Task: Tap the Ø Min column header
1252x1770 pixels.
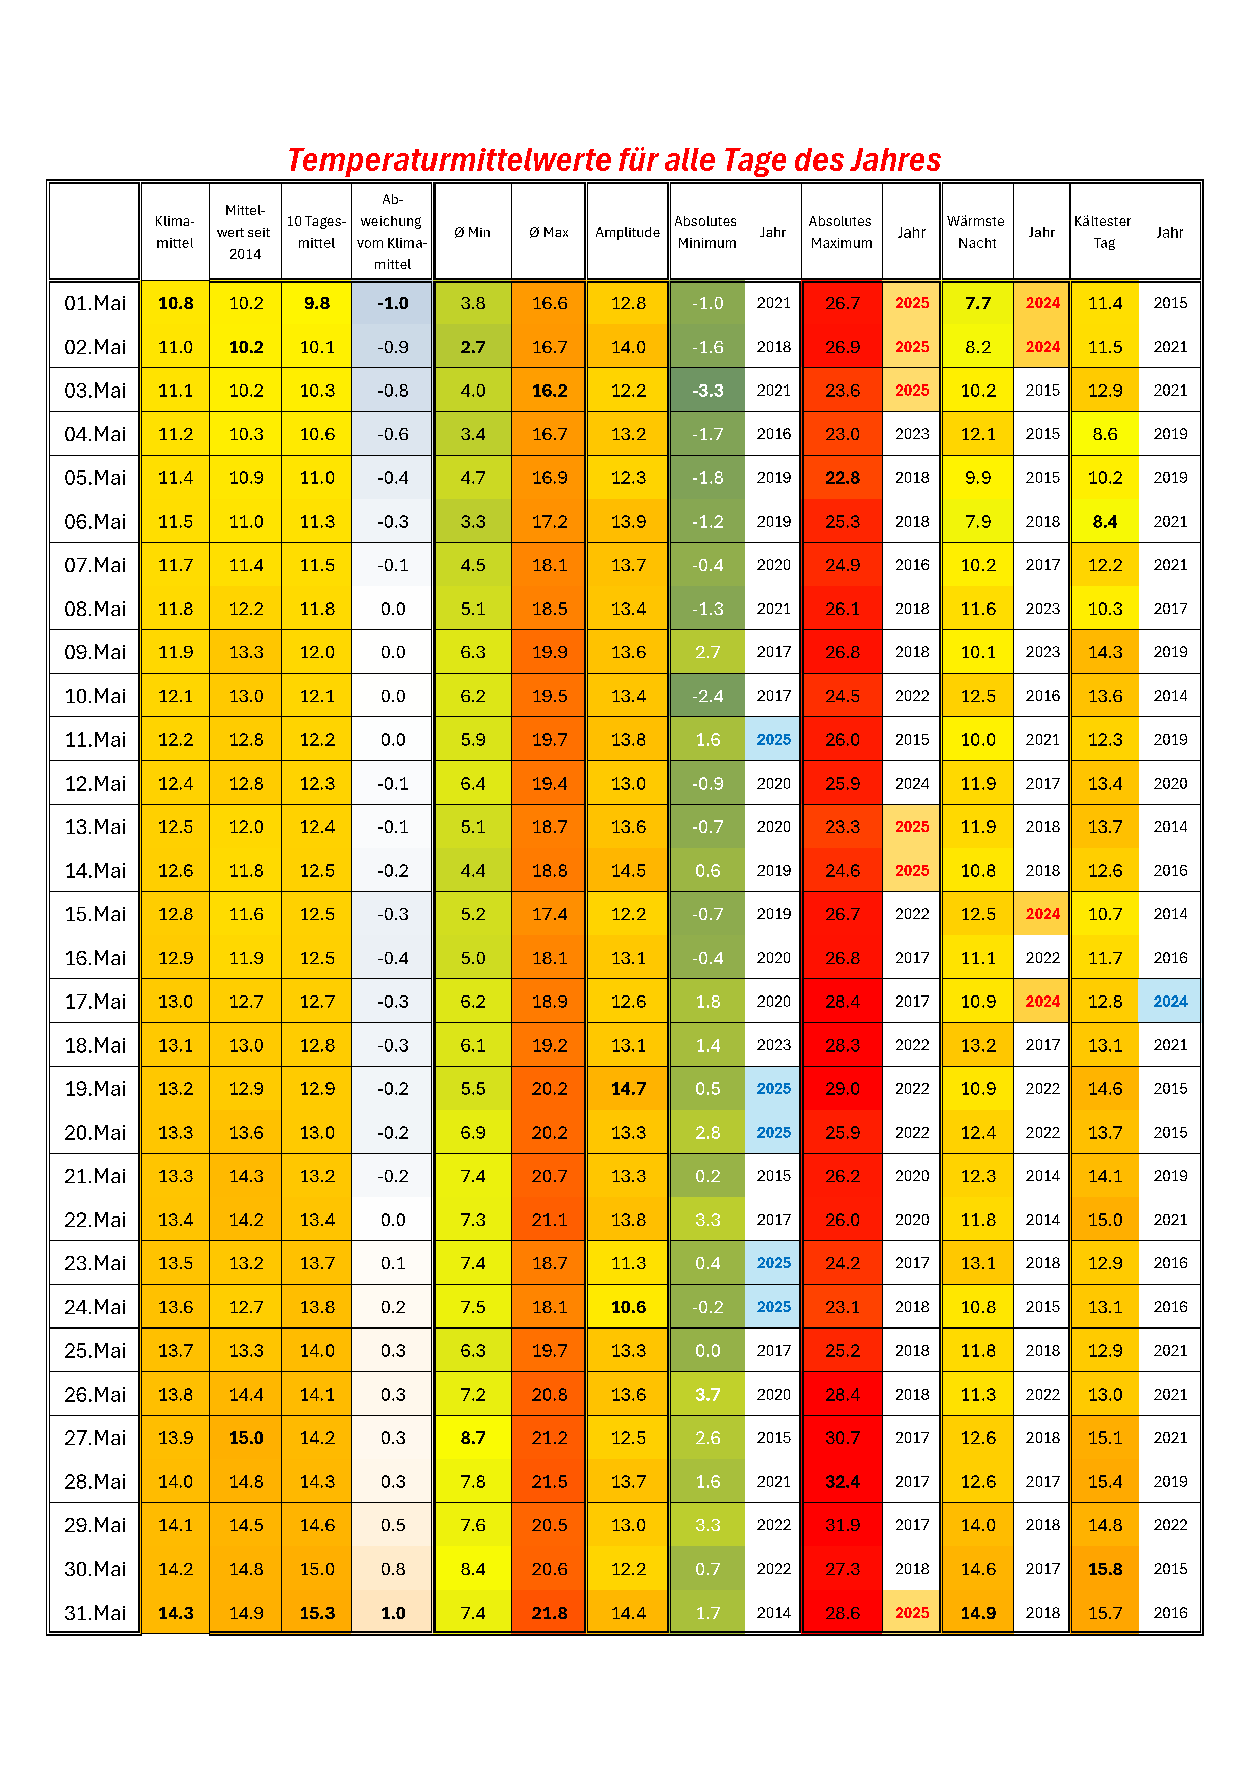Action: (x=472, y=232)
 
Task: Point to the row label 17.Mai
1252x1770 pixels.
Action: (x=95, y=1002)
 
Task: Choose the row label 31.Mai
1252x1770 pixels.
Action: (x=95, y=1613)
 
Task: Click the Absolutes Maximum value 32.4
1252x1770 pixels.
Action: (x=842, y=1482)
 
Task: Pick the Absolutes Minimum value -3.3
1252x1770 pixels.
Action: (x=707, y=391)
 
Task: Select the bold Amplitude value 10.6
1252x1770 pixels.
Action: (x=628, y=1307)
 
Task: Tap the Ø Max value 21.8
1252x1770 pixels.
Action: (x=550, y=1613)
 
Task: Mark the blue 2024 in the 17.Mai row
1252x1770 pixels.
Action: (x=1170, y=1002)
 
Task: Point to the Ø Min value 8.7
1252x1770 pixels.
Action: (x=472, y=1437)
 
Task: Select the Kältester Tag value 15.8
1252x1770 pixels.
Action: (x=1105, y=1569)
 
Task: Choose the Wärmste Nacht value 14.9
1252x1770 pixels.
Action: (x=977, y=1613)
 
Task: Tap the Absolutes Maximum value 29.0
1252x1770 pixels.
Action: (x=842, y=1088)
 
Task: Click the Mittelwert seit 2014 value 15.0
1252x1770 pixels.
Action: (x=246, y=1437)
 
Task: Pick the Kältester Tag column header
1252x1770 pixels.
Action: (x=1103, y=232)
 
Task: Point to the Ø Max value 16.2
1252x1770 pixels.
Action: (x=550, y=391)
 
